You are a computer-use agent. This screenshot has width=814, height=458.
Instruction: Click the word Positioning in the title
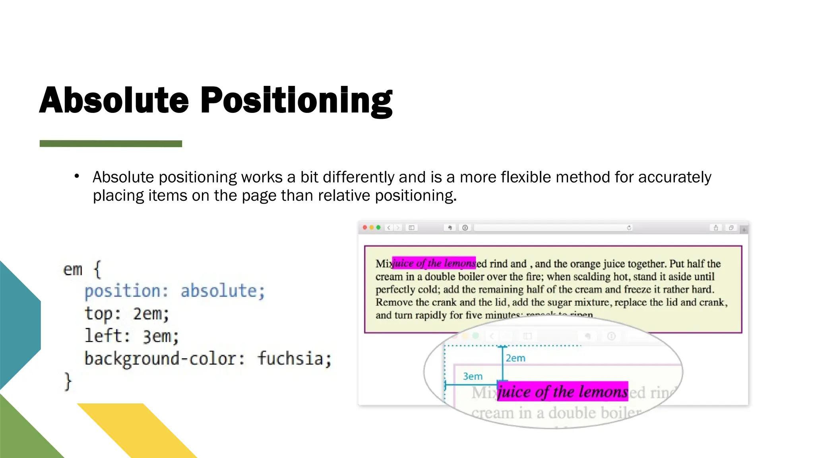296,101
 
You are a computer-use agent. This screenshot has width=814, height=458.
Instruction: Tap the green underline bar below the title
111,144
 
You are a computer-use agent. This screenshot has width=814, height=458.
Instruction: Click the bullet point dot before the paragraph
77,176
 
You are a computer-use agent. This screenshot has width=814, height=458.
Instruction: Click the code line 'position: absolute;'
174,291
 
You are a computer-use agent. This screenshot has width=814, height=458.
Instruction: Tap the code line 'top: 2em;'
127,314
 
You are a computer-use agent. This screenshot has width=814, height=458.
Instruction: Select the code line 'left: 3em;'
132,336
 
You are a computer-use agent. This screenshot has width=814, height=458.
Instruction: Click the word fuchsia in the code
294,359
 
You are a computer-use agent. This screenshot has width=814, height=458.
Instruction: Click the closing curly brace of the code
68,382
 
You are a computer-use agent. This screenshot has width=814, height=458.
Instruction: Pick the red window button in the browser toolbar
365,228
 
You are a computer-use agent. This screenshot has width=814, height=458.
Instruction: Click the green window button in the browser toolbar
378,228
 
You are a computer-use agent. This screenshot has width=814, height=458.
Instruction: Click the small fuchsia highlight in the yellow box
434,263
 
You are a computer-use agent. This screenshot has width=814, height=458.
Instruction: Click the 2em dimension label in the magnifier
516,358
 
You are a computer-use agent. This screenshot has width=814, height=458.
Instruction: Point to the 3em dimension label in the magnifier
473,376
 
